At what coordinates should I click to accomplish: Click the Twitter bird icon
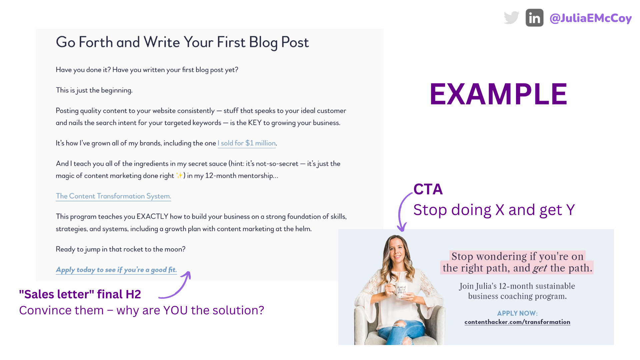[x=512, y=18]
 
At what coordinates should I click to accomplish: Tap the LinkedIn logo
[x=534, y=18]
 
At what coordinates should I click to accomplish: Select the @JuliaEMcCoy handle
[x=590, y=18]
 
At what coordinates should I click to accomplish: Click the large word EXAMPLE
[x=498, y=94]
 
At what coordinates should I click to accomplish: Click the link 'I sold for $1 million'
[x=247, y=143]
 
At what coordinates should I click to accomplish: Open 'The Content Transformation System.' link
[x=113, y=196]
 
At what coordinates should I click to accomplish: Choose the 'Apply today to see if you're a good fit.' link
[x=116, y=270]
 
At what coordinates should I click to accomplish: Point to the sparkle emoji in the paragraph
[x=179, y=175]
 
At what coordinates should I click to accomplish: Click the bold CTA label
[x=428, y=189]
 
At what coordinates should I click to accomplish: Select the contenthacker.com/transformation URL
[x=517, y=322]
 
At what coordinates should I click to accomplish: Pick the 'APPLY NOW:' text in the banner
[x=517, y=313]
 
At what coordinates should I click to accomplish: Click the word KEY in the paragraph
[x=255, y=123]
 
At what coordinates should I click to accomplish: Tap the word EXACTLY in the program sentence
[x=152, y=216]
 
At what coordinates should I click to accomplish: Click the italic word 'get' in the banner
[x=540, y=268]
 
